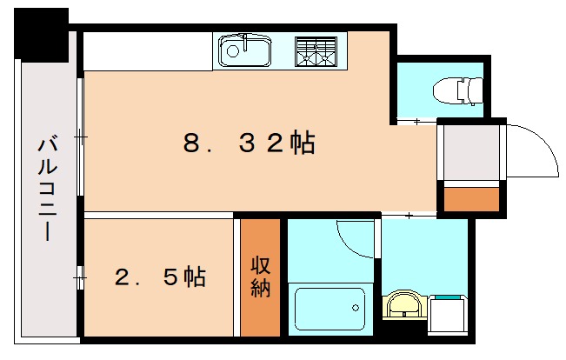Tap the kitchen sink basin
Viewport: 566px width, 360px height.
point(243,51)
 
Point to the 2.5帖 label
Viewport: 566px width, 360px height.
point(161,277)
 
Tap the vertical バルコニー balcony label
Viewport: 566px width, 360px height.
point(45,188)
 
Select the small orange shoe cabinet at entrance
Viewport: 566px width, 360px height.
point(471,200)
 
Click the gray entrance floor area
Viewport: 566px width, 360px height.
point(471,151)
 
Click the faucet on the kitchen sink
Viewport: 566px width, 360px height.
point(247,41)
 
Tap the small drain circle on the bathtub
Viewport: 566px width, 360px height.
point(355,306)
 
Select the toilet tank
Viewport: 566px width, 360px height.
point(473,89)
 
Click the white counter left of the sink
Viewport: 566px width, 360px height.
point(148,52)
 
